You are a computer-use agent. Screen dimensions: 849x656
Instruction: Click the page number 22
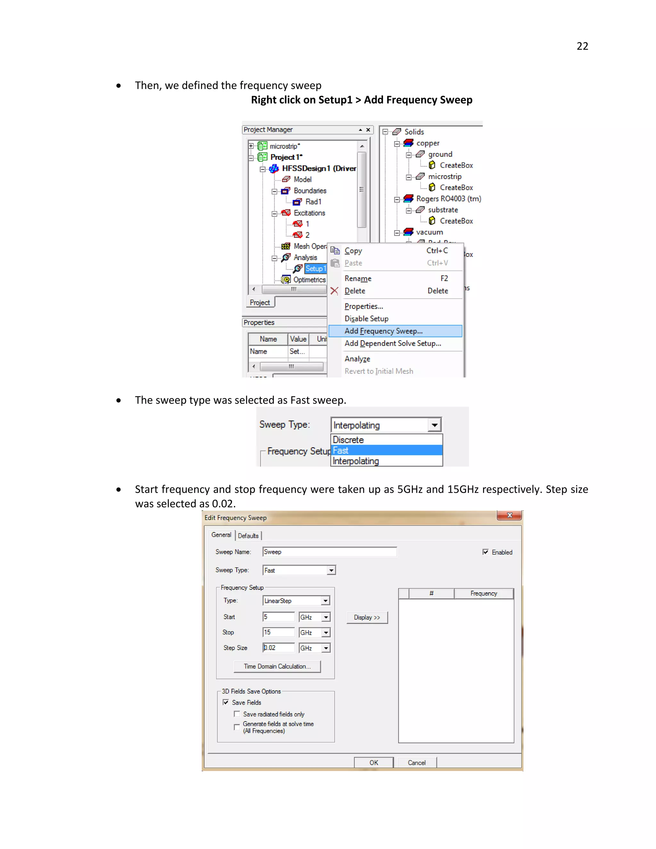point(582,46)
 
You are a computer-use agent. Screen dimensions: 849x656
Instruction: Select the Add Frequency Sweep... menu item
point(383,331)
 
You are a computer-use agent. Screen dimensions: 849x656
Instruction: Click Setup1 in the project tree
point(315,268)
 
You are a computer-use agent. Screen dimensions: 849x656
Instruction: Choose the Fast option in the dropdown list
point(386,450)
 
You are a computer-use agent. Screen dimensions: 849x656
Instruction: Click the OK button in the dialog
point(373,762)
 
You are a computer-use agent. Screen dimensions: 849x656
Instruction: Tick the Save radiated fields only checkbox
point(237,714)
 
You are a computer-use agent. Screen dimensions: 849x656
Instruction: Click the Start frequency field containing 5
point(278,617)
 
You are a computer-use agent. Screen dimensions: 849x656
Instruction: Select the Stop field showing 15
point(278,632)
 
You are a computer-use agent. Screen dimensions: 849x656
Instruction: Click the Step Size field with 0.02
point(278,647)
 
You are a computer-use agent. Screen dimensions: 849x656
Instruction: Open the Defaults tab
point(248,536)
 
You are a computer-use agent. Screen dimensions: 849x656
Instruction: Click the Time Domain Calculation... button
point(277,666)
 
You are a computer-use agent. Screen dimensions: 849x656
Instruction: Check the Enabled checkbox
point(485,552)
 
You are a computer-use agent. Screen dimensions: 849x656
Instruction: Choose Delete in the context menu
point(355,291)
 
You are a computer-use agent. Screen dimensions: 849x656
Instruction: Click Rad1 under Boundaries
point(313,202)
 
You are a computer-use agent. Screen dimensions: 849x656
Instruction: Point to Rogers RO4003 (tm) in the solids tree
point(448,199)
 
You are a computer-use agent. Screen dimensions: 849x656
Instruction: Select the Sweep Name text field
point(330,552)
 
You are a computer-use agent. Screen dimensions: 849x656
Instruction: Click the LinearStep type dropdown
point(296,601)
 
